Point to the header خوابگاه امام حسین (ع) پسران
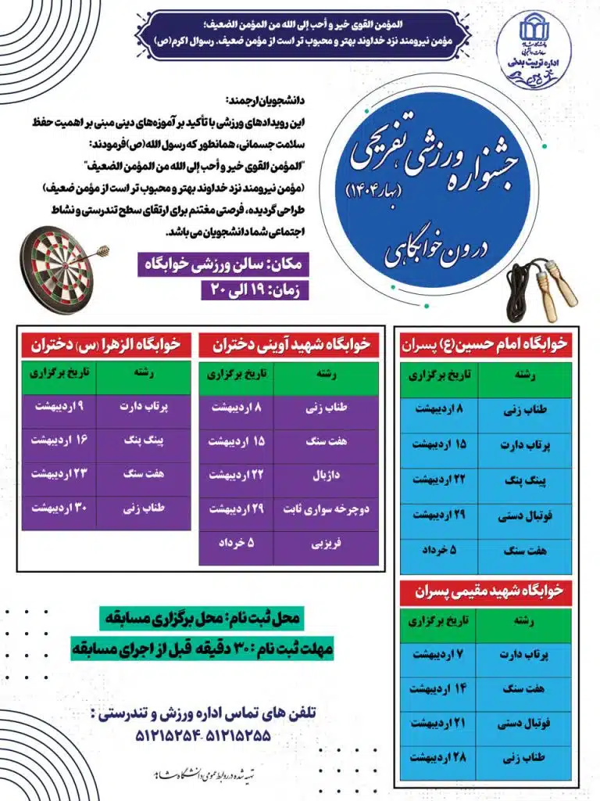484,343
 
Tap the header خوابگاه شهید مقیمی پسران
484,590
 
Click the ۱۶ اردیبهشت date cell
59,440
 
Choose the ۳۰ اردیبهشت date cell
59,509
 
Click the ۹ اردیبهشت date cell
59,407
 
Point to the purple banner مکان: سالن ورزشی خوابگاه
223,264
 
